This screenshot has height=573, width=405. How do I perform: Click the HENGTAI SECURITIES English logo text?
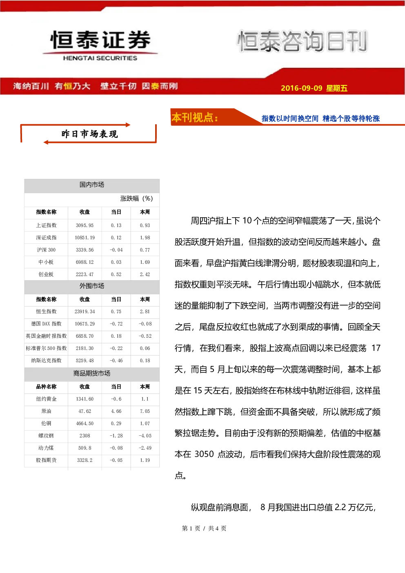coord(100,58)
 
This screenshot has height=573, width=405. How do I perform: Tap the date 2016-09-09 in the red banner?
coord(301,88)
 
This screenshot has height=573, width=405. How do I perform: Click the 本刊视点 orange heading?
coord(195,118)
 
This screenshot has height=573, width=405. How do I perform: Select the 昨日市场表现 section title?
coord(89,134)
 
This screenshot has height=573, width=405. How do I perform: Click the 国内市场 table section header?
coord(92,185)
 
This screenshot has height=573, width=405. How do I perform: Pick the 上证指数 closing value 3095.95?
coord(85,225)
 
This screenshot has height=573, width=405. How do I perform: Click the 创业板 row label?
coord(46,274)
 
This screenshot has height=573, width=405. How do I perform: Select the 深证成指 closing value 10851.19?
coord(85,238)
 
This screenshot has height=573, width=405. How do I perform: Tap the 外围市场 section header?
coord(92,286)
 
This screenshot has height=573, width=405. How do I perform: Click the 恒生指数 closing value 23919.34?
coord(85,312)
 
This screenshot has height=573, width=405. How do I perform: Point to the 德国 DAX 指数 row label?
coord(46,323)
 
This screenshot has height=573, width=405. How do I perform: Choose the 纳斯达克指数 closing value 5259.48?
coord(85,361)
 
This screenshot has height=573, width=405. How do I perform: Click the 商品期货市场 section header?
coord(92,373)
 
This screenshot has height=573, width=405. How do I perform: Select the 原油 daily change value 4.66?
coord(116,411)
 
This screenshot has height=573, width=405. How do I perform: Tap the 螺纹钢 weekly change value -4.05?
coord(145,436)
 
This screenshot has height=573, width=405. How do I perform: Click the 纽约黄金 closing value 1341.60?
coord(85,399)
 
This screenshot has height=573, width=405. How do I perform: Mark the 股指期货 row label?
coord(46,460)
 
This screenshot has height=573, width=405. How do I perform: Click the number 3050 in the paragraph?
coord(204,454)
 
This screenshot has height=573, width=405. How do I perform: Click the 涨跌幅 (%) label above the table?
coord(136,198)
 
